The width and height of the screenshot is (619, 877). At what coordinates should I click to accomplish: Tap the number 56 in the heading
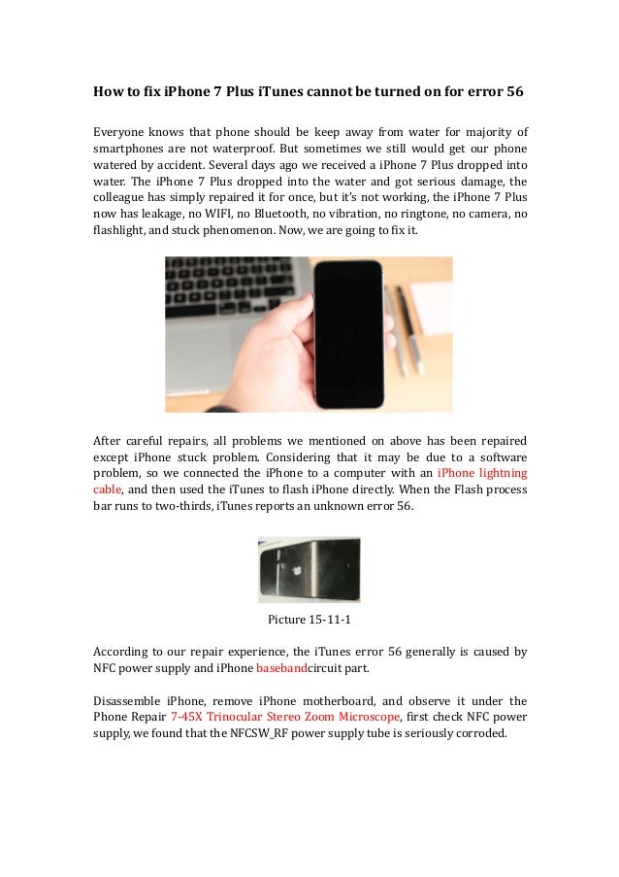click(513, 93)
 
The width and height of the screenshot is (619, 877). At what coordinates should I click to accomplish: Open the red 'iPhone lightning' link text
click(482, 473)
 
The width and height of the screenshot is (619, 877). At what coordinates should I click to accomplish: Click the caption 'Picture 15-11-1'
click(309, 619)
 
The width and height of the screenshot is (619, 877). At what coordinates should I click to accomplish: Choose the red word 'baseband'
click(281, 671)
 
